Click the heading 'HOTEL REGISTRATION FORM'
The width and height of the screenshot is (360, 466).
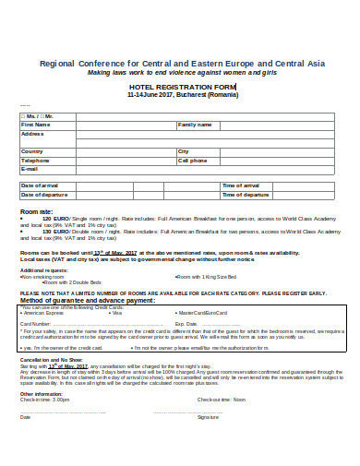186,86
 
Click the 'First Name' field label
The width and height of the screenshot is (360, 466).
37,124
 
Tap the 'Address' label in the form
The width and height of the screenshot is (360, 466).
32,133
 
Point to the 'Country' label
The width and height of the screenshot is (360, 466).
31,151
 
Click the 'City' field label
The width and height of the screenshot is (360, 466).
183,151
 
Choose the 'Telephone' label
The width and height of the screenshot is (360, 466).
35,161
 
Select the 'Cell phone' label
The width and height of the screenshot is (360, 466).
193,161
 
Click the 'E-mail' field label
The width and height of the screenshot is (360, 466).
30,170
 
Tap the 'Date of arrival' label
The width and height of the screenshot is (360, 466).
39,186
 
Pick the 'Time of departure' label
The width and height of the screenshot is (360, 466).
246,196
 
